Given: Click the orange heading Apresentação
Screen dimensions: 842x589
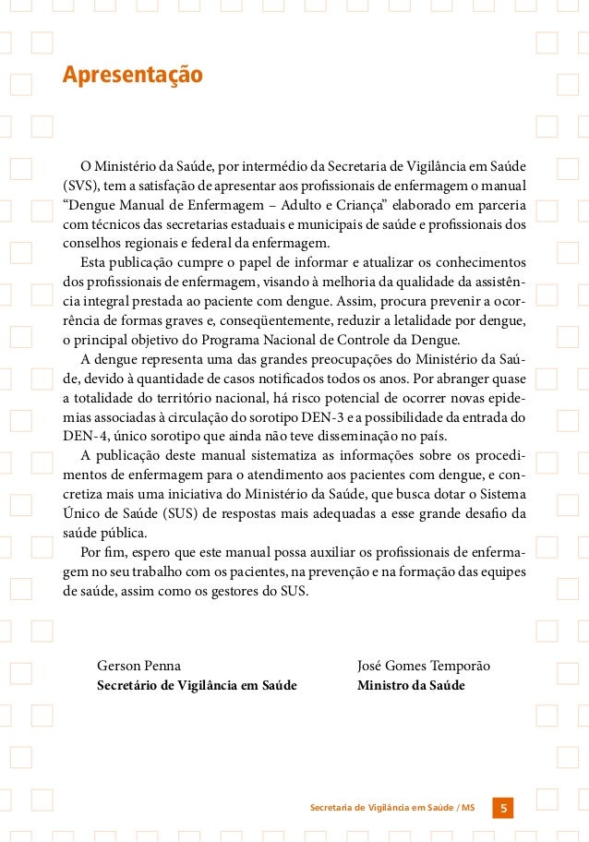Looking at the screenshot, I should click(x=132, y=75).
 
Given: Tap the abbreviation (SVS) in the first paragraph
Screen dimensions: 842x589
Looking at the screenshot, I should click(x=78, y=186).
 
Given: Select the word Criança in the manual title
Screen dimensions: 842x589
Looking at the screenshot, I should click(x=366, y=205).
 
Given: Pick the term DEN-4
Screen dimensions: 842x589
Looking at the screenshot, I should click(x=82, y=437).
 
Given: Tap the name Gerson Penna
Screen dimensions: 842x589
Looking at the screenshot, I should click(x=138, y=666).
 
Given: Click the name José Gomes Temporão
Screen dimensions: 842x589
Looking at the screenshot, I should click(x=424, y=666).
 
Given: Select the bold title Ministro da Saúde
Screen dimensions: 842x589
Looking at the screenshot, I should click(x=411, y=686).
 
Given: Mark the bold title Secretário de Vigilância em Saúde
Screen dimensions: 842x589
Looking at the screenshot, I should click(x=197, y=686).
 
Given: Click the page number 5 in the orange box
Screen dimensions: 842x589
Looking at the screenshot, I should click(x=503, y=809).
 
